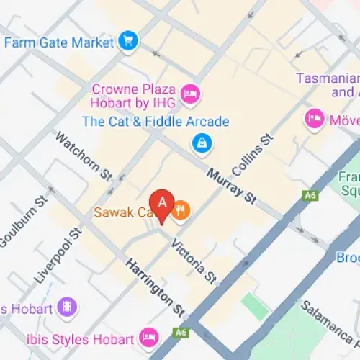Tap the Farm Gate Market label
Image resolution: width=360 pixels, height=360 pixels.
tap(59, 42)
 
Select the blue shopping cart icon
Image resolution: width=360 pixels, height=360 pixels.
tap(129, 41)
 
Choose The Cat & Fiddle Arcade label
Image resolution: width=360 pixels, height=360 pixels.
tap(156, 122)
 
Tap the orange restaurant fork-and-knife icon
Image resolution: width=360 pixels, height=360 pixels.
tap(181, 212)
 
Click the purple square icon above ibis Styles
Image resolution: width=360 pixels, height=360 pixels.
tap(67, 307)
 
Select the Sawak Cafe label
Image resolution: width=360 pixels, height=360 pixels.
tap(120, 213)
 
